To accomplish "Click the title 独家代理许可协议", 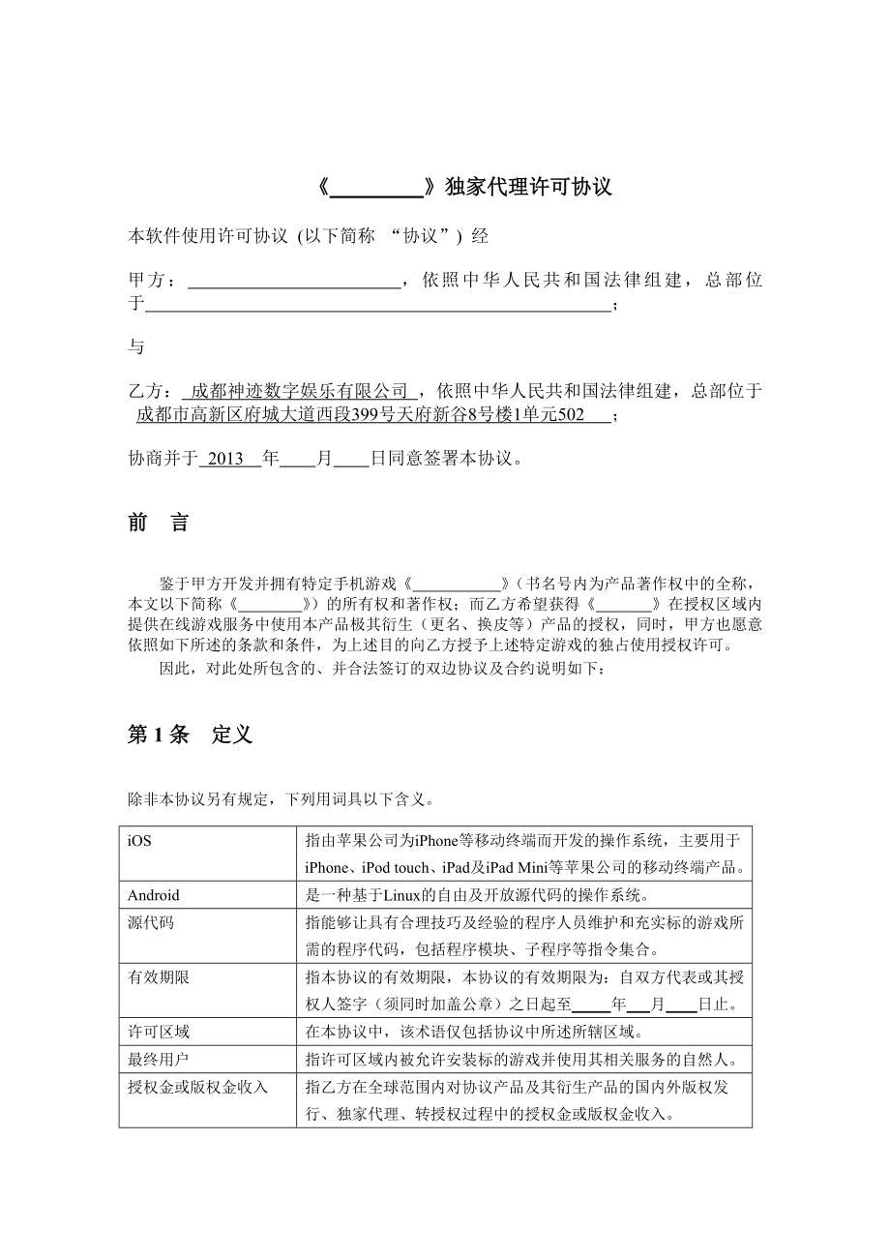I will click(x=528, y=187).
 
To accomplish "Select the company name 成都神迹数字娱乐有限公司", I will click(x=300, y=391).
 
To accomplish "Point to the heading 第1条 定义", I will click(x=190, y=735).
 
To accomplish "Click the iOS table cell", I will click(x=140, y=841).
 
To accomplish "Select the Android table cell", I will click(x=154, y=895).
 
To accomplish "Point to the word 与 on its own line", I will click(x=136, y=346).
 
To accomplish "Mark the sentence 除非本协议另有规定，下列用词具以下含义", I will click(x=282, y=800).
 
